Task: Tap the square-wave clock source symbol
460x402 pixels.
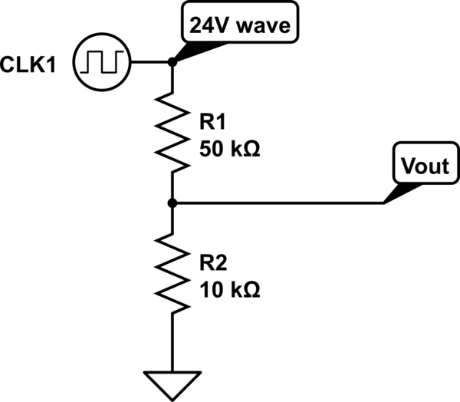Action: tap(103, 61)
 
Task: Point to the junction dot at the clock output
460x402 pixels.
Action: tap(172, 61)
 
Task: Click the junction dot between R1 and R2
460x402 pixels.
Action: tap(172, 203)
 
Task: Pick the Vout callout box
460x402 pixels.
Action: tap(423, 165)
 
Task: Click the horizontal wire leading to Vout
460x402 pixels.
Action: tap(276, 203)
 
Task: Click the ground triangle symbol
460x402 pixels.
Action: tap(172, 381)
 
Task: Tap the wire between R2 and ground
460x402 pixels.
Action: tap(172, 341)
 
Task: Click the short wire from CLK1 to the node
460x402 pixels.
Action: tap(151, 61)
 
